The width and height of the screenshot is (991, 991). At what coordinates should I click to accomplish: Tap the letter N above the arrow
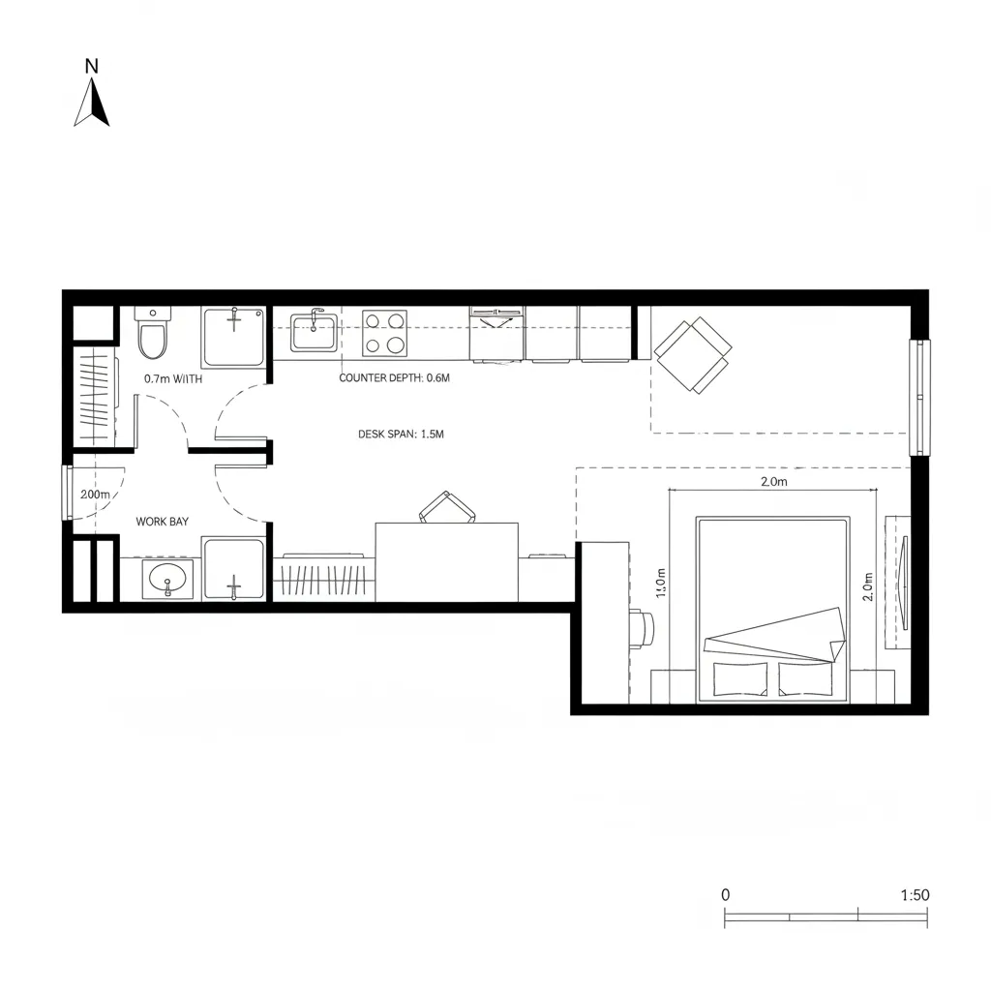pyautogui.click(x=92, y=66)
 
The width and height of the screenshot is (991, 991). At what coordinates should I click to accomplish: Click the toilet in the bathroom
pyautogui.click(x=153, y=335)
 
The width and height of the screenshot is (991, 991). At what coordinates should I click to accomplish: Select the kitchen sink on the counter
pyautogui.click(x=314, y=332)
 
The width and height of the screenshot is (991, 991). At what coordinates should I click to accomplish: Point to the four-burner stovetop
pyautogui.click(x=384, y=332)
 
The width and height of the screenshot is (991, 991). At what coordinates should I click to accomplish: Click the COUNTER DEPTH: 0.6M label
pyautogui.click(x=395, y=378)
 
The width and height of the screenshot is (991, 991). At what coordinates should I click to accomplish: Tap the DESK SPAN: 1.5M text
pyautogui.click(x=401, y=435)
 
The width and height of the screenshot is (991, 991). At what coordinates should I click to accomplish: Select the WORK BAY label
pyautogui.click(x=162, y=522)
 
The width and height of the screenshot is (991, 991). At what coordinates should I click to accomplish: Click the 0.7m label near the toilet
pyautogui.click(x=173, y=379)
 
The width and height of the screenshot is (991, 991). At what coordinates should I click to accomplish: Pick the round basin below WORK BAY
pyautogui.click(x=167, y=581)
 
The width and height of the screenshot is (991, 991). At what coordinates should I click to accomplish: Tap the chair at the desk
pyautogui.click(x=446, y=507)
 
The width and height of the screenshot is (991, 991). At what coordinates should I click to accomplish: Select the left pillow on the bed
pyautogui.click(x=740, y=679)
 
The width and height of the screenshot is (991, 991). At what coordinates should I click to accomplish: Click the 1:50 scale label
pyautogui.click(x=915, y=895)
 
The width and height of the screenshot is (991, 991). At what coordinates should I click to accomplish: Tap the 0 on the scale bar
pyautogui.click(x=726, y=895)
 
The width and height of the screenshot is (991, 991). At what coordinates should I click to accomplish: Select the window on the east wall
pyautogui.click(x=918, y=398)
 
